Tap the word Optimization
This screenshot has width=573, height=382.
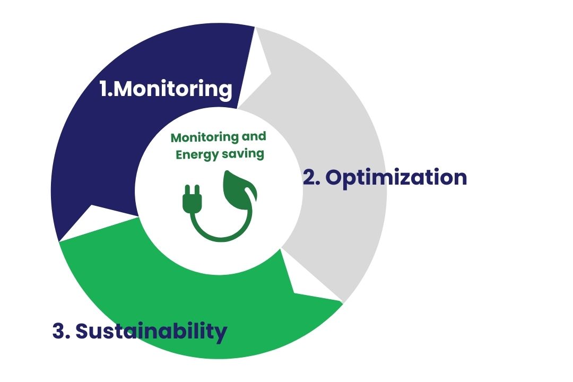(396, 178)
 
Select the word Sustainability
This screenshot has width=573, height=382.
(151, 332)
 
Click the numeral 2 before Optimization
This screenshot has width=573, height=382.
(309, 178)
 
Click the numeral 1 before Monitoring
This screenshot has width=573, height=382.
(105, 89)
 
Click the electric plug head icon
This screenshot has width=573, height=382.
(192, 199)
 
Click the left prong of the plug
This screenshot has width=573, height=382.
(188, 190)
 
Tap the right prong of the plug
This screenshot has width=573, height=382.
(197, 190)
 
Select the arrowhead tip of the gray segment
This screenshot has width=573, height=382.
(255, 28)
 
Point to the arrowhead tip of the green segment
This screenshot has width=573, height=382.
(343, 302)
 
